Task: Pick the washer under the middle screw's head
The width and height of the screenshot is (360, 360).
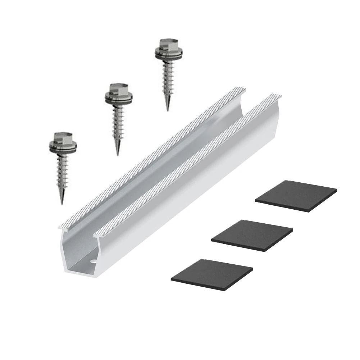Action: pyautogui.click(x=119, y=100)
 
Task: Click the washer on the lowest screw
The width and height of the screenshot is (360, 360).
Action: pyautogui.click(x=63, y=148)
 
